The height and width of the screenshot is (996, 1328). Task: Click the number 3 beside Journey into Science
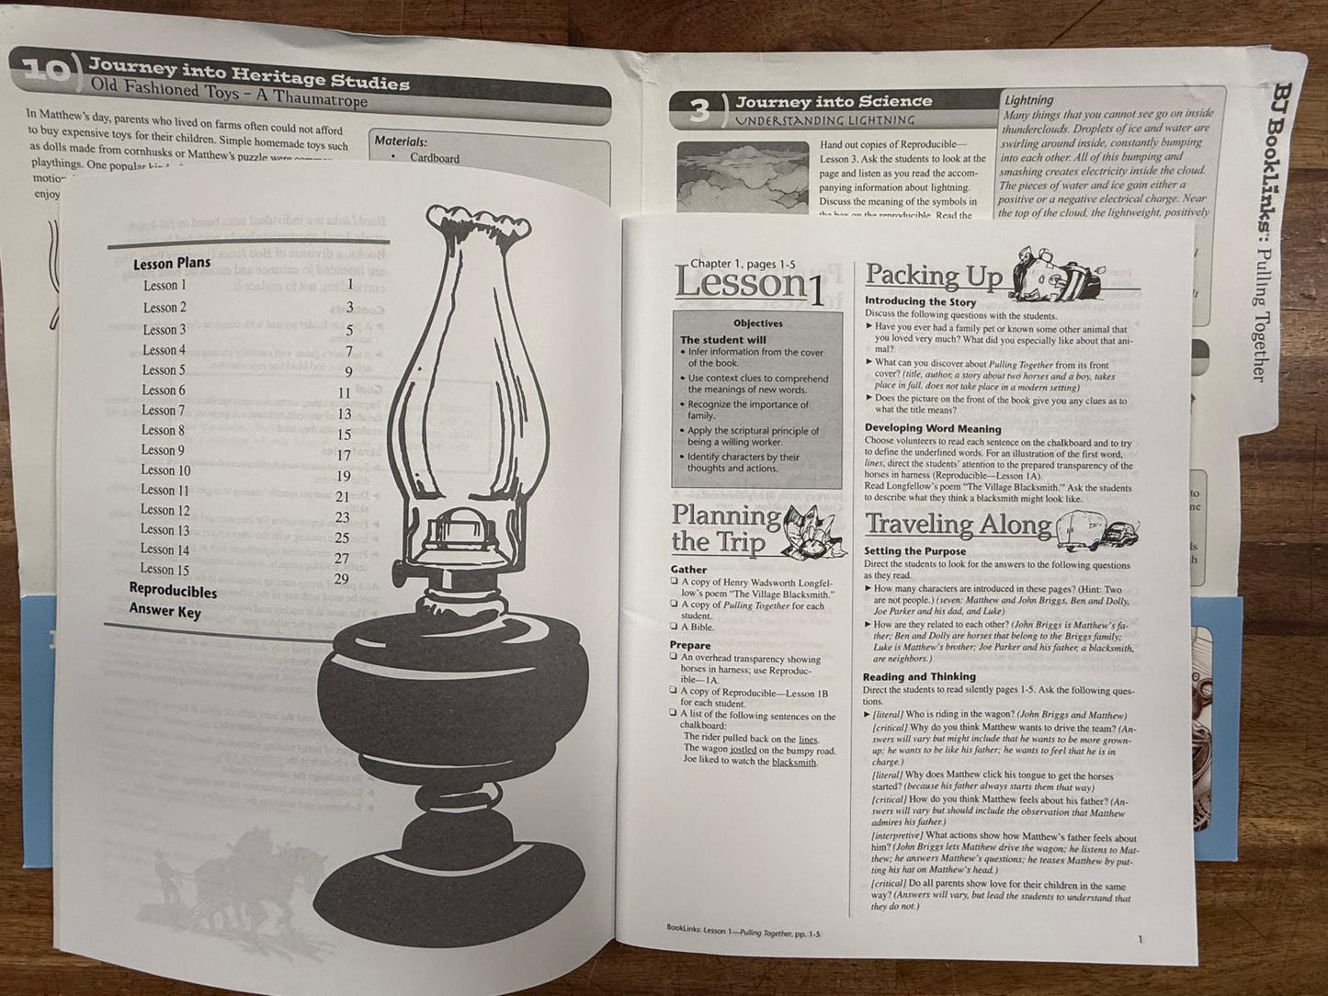tap(698, 110)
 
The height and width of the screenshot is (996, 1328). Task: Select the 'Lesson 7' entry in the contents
tap(163, 410)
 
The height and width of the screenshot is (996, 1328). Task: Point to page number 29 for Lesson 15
tap(342, 578)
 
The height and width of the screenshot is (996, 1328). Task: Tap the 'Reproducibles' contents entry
tap(173, 591)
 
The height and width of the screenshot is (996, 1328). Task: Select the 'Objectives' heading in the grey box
tap(757, 323)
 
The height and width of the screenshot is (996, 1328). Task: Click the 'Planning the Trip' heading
tap(726, 529)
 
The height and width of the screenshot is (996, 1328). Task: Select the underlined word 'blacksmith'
tap(793, 762)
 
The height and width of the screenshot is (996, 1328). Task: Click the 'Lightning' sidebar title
tap(1028, 99)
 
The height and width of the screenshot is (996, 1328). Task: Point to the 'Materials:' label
tap(401, 141)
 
